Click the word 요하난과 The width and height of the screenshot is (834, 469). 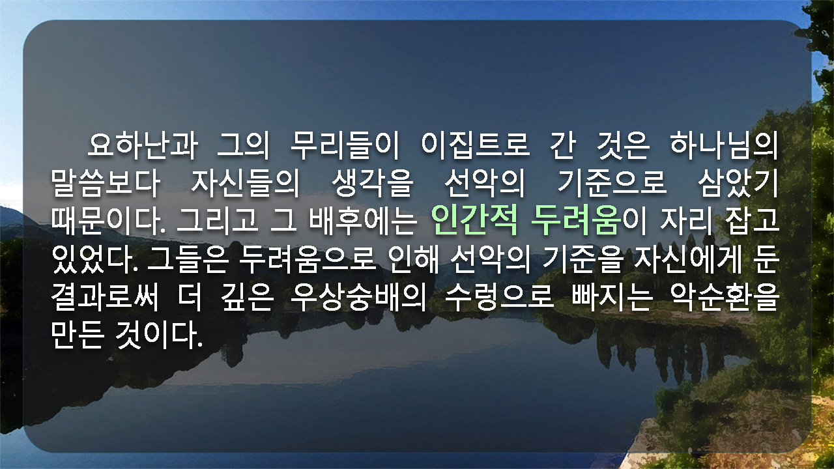(x=142, y=145)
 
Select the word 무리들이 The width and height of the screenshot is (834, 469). (x=344, y=145)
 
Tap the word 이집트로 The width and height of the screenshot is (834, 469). (x=475, y=145)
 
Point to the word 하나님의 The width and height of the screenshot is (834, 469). (x=724, y=145)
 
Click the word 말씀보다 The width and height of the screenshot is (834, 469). (x=106, y=183)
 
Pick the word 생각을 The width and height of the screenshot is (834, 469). (x=372, y=183)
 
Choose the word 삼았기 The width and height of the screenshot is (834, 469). (x=738, y=183)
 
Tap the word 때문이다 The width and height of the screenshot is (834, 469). (x=108, y=221)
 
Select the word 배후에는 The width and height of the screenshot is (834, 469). (x=364, y=221)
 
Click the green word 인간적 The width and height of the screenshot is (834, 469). (x=474, y=220)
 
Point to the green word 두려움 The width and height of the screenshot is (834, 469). (x=577, y=220)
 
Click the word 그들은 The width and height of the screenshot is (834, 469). (x=188, y=259)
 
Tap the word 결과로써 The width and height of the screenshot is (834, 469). (x=105, y=298)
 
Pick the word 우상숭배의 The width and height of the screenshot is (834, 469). (x=358, y=298)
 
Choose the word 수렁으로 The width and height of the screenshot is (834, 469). (x=499, y=298)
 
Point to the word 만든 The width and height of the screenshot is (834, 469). (x=77, y=335)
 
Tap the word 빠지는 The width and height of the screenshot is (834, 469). (x=612, y=298)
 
